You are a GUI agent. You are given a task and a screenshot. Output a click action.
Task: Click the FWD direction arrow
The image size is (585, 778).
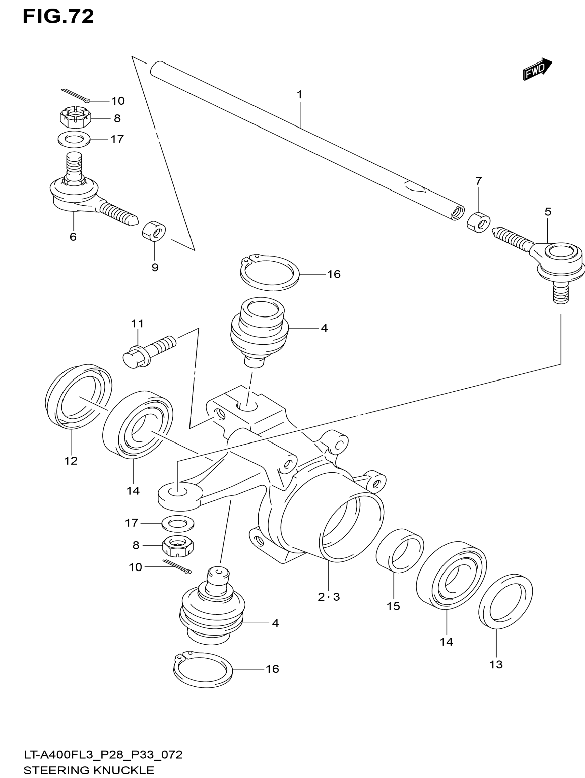(537, 69)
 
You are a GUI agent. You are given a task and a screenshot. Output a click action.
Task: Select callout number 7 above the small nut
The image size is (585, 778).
(478, 181)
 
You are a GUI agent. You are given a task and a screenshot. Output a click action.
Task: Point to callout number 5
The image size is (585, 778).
(548, 212)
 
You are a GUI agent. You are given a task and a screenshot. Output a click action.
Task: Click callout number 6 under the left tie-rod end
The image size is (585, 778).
(73, 237)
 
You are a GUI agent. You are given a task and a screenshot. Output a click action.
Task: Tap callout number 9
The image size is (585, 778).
(155, 267)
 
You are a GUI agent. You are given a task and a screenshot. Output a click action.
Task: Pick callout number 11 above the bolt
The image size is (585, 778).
(138, 324)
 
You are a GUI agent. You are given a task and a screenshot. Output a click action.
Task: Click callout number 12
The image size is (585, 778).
(71, 461)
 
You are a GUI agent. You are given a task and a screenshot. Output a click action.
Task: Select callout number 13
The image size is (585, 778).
(496, 665)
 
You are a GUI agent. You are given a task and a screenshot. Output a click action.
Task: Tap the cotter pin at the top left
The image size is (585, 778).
(76, 95)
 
